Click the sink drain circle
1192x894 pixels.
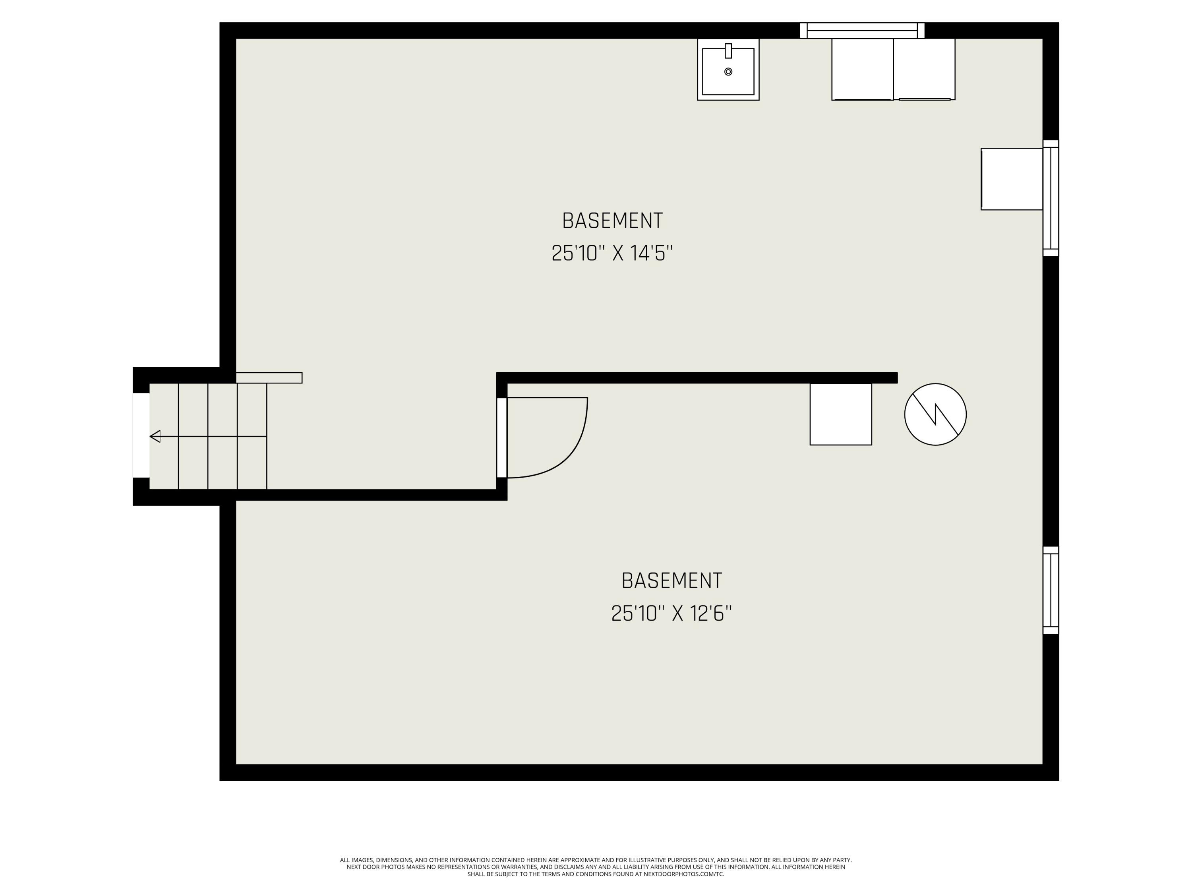pyautogui.click(x=728, y=72)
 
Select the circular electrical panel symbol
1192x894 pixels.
pyautogui.click(x=935, y=414)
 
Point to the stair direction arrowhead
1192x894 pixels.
pyautogui.click(x=155, y=437)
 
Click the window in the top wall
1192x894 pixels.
pyautogui.click(x=862, y=31)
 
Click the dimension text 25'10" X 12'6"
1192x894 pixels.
pyautogui.click(x=671, y=613)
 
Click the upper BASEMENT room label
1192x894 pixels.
pyautogui.click(x=612, y=221)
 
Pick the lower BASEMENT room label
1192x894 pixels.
pyautogui.click(x=671, y=581)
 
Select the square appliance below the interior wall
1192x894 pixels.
pyautogui.click(x=841, y=414)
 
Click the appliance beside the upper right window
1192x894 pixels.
pyautogui.click(x=1012, y=179)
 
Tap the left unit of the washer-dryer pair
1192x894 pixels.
pyautogui.click(x=862, y=69)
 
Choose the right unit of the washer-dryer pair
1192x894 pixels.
pyautogui.click(x=924, y=69)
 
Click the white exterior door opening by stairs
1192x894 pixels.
pyautogui.click(x=141, y=435)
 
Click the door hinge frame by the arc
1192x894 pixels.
pyautogui.click(x=502, y=437)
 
